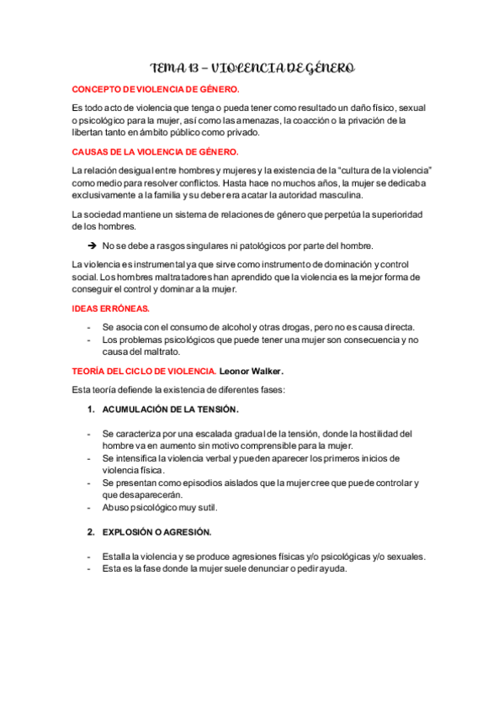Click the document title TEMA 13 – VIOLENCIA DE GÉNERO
click(252, 67)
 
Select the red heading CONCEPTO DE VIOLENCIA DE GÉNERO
click(155, 88)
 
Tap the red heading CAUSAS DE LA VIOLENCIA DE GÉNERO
click(155, 152)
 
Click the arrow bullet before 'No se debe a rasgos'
click(91, 246)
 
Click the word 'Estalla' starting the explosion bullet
click(117, 556)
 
